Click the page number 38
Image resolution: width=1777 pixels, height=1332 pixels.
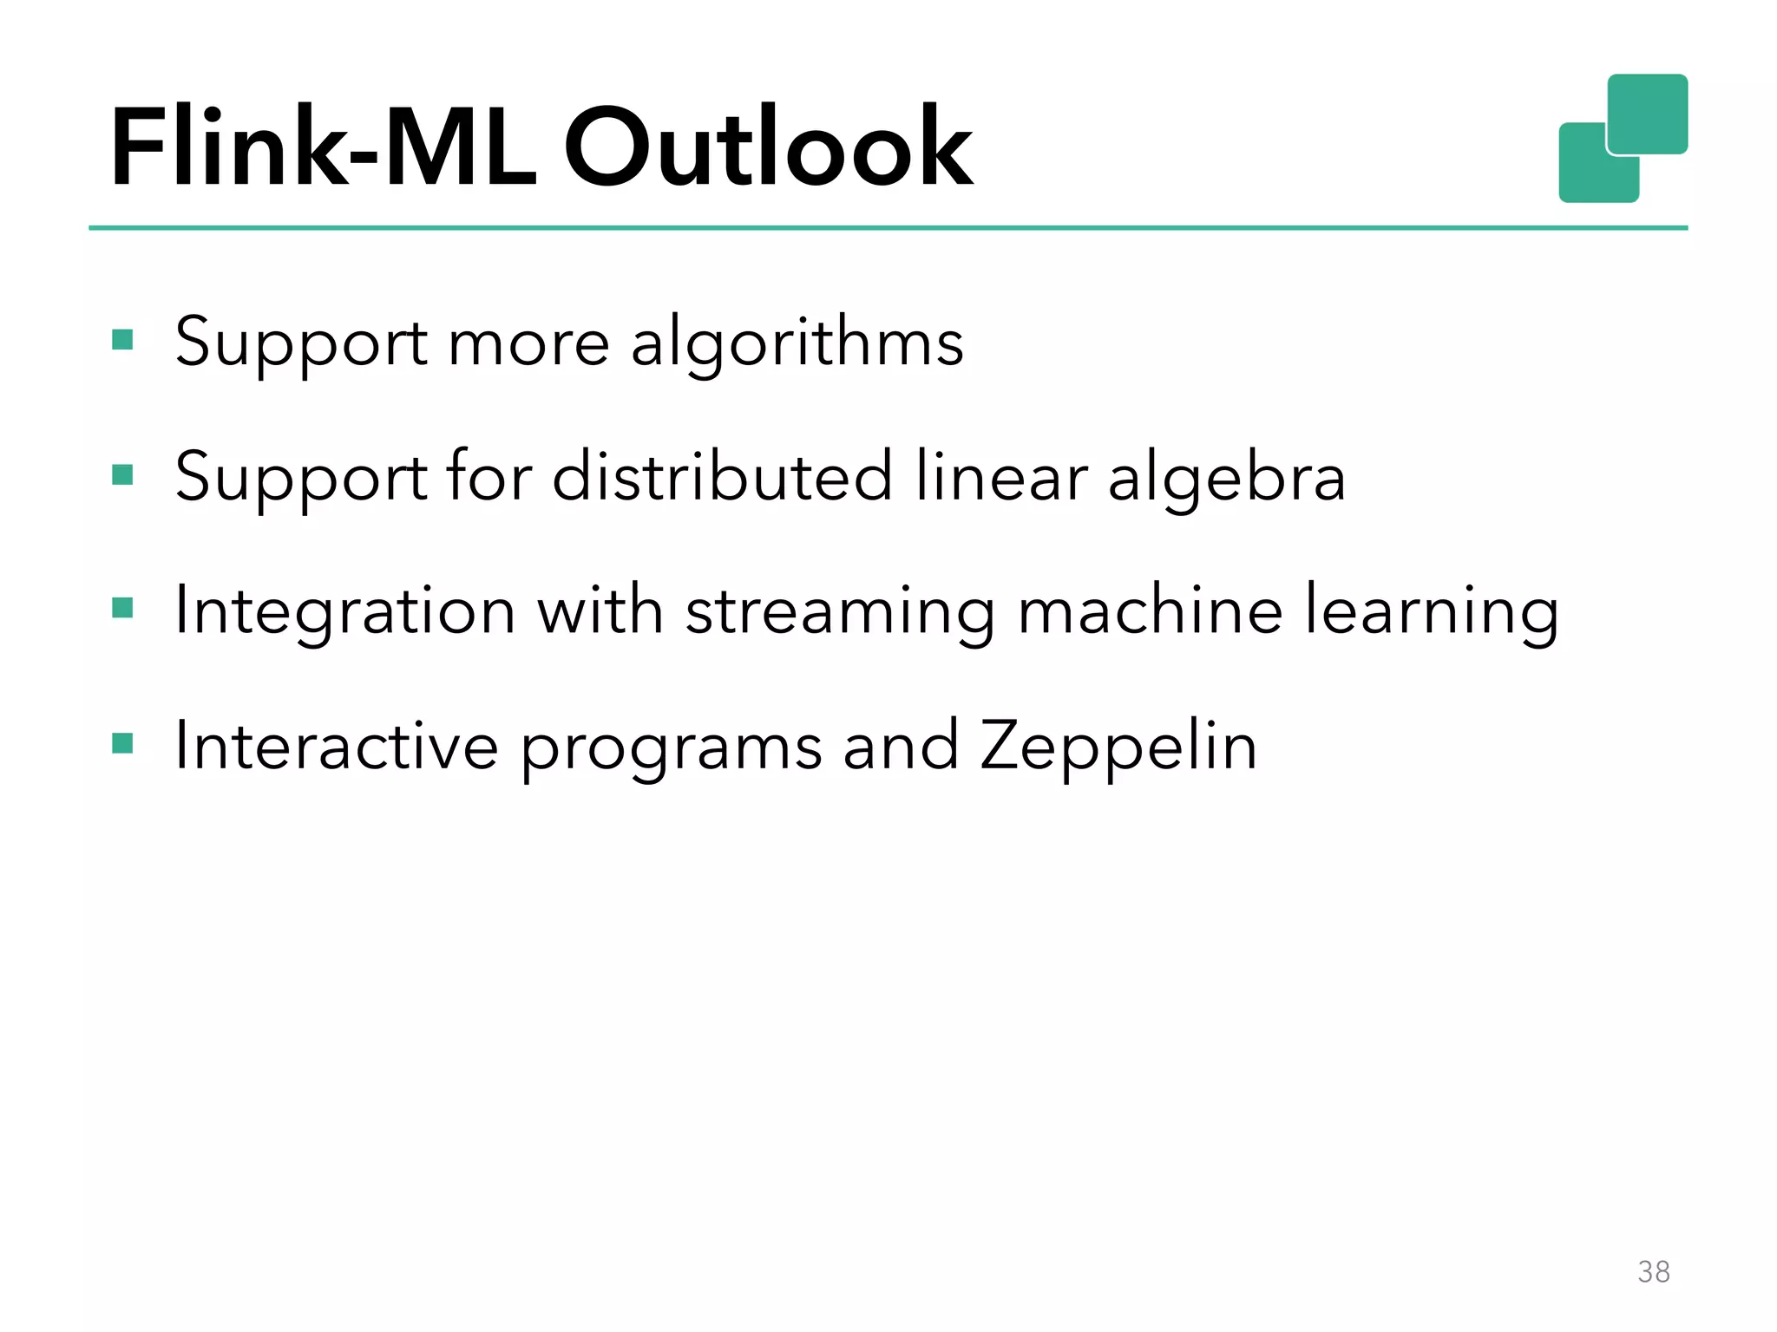point(1654,1271)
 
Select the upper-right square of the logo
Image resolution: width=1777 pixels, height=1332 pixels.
point(1648,113)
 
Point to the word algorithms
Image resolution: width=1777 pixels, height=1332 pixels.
point(797,343)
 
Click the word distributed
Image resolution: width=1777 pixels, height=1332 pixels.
point(722,476)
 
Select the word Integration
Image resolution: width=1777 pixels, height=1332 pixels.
point(345,612)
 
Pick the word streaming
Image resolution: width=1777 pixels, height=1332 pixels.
point(840,612)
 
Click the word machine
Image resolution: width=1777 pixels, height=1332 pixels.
point(1150,610)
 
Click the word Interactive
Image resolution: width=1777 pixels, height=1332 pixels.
point(337,746)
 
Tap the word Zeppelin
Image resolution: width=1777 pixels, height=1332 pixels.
point(1118,747)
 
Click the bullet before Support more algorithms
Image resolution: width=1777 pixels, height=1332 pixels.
point(122,339)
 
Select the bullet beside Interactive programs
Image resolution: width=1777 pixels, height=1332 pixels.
point(122,743)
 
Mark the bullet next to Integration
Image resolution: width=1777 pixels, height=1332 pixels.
point(122,608)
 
